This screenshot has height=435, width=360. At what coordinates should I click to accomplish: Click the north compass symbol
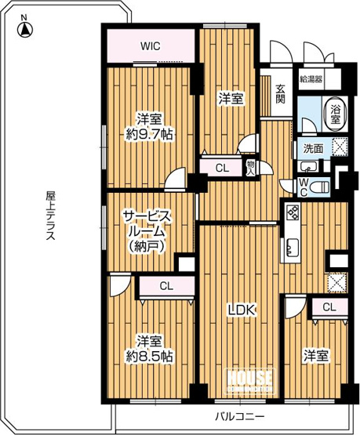tap(25, 27)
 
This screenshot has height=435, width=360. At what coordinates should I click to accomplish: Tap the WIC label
tap(150, 45)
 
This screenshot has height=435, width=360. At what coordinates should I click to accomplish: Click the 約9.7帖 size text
tap(150, 135)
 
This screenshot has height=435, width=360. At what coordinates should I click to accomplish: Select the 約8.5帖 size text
tap(150, 356)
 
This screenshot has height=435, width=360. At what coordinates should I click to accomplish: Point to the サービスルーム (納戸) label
tap(147, 231)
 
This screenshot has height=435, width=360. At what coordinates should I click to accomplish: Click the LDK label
tap(242, 310)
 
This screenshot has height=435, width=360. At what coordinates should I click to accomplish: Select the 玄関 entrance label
tap(281, 94)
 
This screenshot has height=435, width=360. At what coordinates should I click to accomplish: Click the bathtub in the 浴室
tap(336, 113)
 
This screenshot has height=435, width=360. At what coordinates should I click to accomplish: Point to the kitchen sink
tap(292, 248)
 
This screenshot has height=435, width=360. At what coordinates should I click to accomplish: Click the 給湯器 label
tap(311, 79)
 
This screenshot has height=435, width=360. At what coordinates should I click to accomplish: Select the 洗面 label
tap(312, 149)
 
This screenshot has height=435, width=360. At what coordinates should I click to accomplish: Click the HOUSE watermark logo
tap(250, 380)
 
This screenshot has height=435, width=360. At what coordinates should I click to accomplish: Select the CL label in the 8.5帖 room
tap(166, 286)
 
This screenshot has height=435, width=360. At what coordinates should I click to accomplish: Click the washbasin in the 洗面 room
tap(307, 166)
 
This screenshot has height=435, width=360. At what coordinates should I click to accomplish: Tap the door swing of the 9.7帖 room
tap(175, 179)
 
